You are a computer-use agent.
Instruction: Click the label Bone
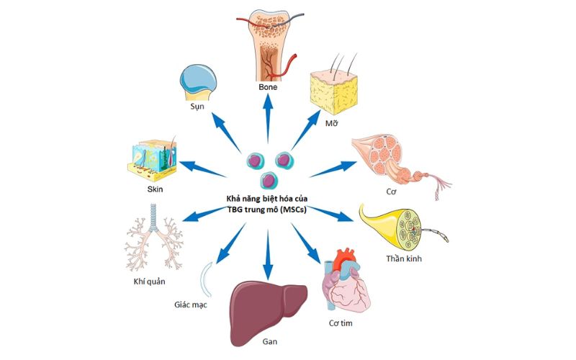click(x=268, y=88)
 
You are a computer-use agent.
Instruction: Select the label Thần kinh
click(x=403, y=258)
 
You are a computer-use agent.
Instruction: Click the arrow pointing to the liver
click(x=268, y=252)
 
